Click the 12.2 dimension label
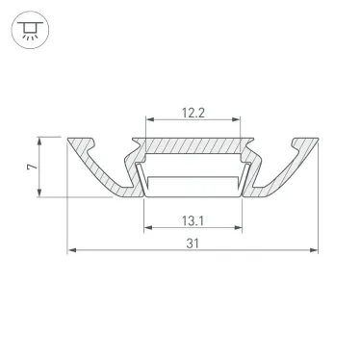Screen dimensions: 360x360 193,112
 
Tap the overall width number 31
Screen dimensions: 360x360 193,244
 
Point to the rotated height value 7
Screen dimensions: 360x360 31,167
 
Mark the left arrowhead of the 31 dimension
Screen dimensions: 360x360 72,253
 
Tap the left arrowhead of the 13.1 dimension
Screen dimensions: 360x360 147,230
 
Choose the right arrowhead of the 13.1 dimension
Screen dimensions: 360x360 240,230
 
